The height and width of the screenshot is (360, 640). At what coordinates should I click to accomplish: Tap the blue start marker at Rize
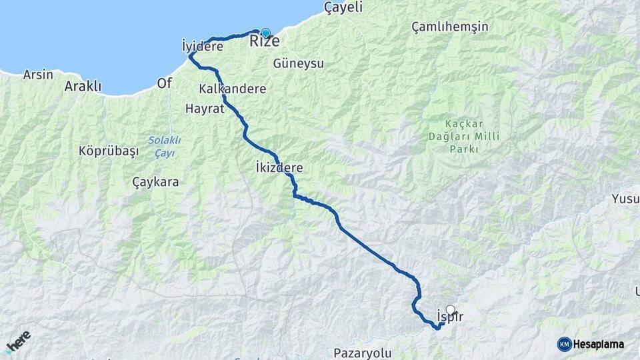pos(266,33)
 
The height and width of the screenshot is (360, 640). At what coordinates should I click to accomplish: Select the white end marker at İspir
pos(451,309)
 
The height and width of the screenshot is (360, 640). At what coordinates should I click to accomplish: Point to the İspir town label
pos(449,317)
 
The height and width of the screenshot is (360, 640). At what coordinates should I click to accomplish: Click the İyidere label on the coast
pos(202,46)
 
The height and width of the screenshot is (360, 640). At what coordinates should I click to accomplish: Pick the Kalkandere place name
pos(232,89)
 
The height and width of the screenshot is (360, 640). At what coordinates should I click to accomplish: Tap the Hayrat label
pos(205,109)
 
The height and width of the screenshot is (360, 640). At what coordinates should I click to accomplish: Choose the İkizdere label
pos(279,168)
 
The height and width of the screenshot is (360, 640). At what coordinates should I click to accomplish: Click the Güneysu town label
pos(298,63)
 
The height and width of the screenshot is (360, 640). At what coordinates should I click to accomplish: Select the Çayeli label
pos(343,8)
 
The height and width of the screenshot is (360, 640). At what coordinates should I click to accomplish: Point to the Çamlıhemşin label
pos(450,27)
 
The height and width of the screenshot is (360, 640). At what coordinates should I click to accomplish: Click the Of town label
pos(164,83)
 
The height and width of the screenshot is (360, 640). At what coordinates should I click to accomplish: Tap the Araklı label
pos(83,86)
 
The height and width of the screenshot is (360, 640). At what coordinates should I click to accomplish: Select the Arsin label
pos(38,75)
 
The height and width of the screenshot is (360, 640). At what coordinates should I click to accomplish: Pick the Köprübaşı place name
pos(109,151)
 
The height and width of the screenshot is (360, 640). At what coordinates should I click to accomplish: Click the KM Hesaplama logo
pos(591,344)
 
